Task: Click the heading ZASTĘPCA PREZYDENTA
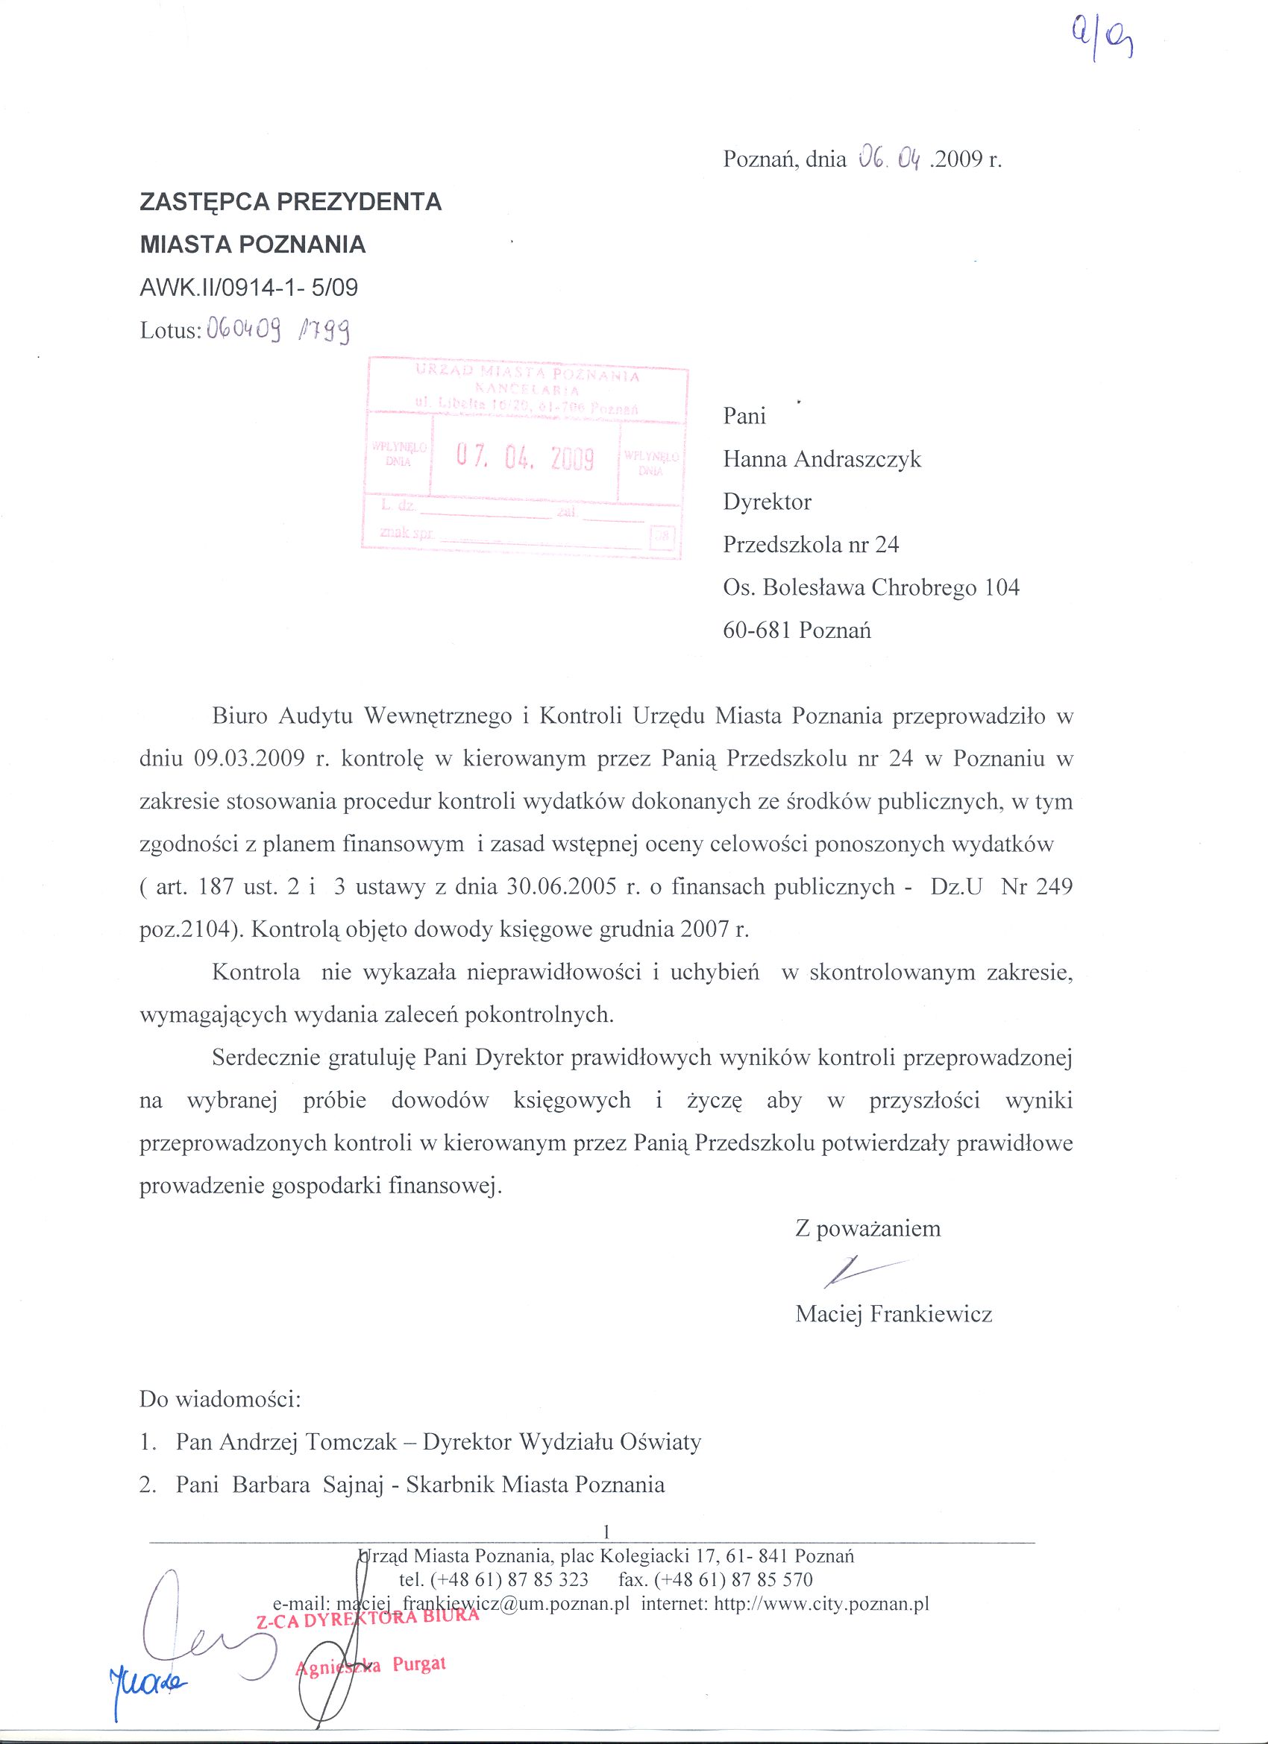point(290,201)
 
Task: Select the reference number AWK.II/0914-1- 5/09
point(248,288)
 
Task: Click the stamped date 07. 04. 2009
point(525,458)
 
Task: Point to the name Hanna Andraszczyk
point(822,459)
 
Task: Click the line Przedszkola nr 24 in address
point(811,546)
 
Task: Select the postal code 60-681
point(757,631)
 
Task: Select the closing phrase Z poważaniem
point(868,1228)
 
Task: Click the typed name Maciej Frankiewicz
point(894,1314)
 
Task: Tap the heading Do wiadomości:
point(220,1399)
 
